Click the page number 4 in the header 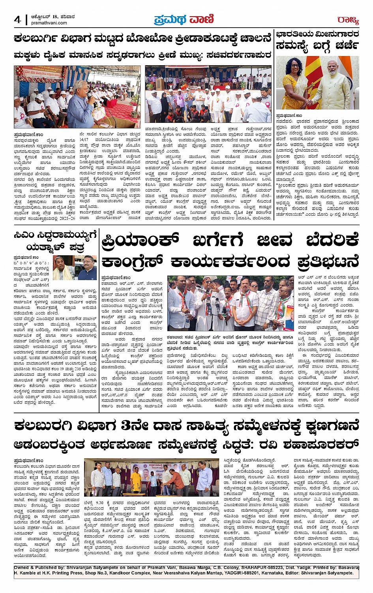point(17,20)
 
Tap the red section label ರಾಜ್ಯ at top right point(348,20)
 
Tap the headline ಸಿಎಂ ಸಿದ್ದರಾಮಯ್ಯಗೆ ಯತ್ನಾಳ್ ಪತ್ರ point(55,241)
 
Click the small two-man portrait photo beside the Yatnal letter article point(75,267)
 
